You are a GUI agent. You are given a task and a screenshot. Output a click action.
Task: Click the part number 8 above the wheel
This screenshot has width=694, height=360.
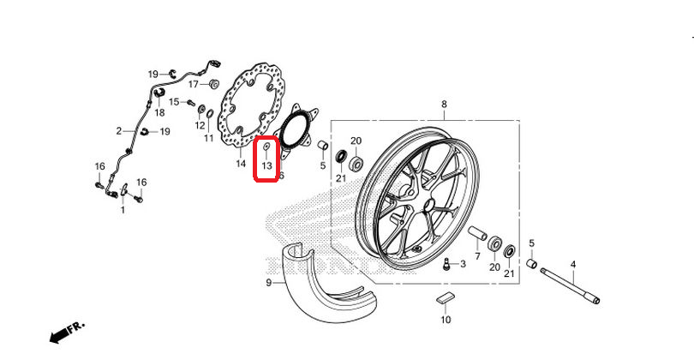pos(444,105)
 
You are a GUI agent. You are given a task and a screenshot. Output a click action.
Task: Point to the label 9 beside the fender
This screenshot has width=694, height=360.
pos(268,282)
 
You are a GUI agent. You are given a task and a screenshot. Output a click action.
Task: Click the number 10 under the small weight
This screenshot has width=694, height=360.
pos(445,320)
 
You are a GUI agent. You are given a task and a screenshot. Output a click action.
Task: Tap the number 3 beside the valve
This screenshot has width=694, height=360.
pos(463,265)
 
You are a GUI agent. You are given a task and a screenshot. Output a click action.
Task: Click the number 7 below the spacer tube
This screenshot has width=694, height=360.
pos(477,255)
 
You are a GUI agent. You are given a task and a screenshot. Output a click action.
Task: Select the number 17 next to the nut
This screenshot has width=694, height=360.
pos(193,84)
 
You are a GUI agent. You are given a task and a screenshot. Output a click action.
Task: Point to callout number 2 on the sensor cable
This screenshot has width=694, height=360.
pos(120,131)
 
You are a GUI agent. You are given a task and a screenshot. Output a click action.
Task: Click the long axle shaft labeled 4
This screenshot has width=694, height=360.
pos(568,285)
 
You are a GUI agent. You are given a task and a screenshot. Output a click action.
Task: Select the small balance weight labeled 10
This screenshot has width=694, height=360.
pos(444,299)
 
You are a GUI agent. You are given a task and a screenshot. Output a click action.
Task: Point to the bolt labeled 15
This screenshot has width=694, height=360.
pos(189,103)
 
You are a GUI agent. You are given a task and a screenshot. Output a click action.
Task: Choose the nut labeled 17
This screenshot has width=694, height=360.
pos(213,84)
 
